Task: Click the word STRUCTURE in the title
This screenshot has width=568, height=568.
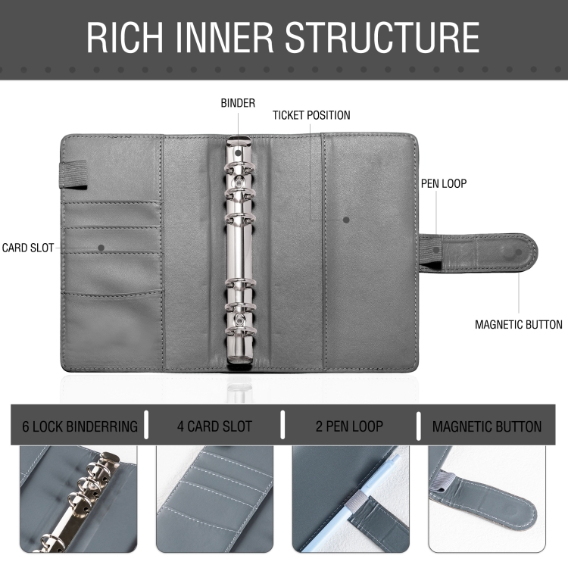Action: (382, 37)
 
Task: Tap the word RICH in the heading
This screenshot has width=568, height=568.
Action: (124, 37)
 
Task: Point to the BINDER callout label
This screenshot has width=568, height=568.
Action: (238, 103)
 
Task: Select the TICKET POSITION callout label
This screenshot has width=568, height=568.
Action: (311, 115)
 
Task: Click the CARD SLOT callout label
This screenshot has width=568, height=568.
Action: (28, 248)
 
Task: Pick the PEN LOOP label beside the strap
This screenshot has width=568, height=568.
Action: (443, 184)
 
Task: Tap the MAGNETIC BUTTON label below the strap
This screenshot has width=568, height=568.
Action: (518, 325)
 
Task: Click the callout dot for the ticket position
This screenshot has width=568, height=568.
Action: (346, 220)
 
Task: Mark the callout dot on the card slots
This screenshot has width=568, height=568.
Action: (101, 248)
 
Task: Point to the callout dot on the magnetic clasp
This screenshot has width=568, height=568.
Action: (518, 252)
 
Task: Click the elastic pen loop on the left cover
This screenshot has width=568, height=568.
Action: (73, 175)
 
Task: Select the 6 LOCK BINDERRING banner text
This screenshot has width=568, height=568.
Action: (80, 426)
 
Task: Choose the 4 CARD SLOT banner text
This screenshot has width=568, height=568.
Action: (214, 426)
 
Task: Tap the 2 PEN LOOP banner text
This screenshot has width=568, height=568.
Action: (349, 426)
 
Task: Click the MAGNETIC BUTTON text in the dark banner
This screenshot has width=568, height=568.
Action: (486, 426)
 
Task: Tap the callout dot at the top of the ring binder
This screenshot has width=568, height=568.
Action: (238, 152)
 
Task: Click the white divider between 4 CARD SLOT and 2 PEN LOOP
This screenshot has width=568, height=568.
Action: (282, 425)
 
